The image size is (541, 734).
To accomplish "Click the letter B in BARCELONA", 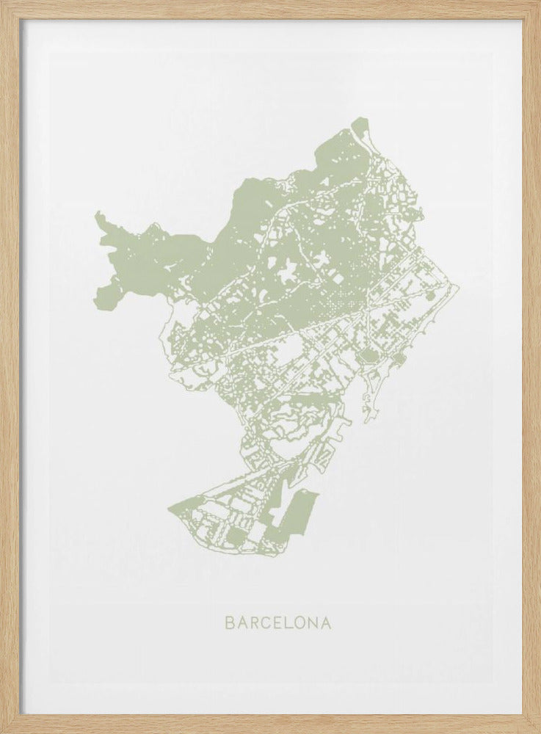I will coord(229,623).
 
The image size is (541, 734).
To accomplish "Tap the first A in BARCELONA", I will coord(242,623).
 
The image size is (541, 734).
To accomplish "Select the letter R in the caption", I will coord(254,623).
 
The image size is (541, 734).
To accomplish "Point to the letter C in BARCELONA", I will coord(266,623).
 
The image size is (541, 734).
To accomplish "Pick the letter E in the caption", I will coord(278,623).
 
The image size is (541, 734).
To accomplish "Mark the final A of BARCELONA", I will coord(326,623).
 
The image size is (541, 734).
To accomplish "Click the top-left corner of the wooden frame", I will coord(2,2).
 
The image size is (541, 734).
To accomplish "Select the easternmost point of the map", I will coord(457,287).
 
